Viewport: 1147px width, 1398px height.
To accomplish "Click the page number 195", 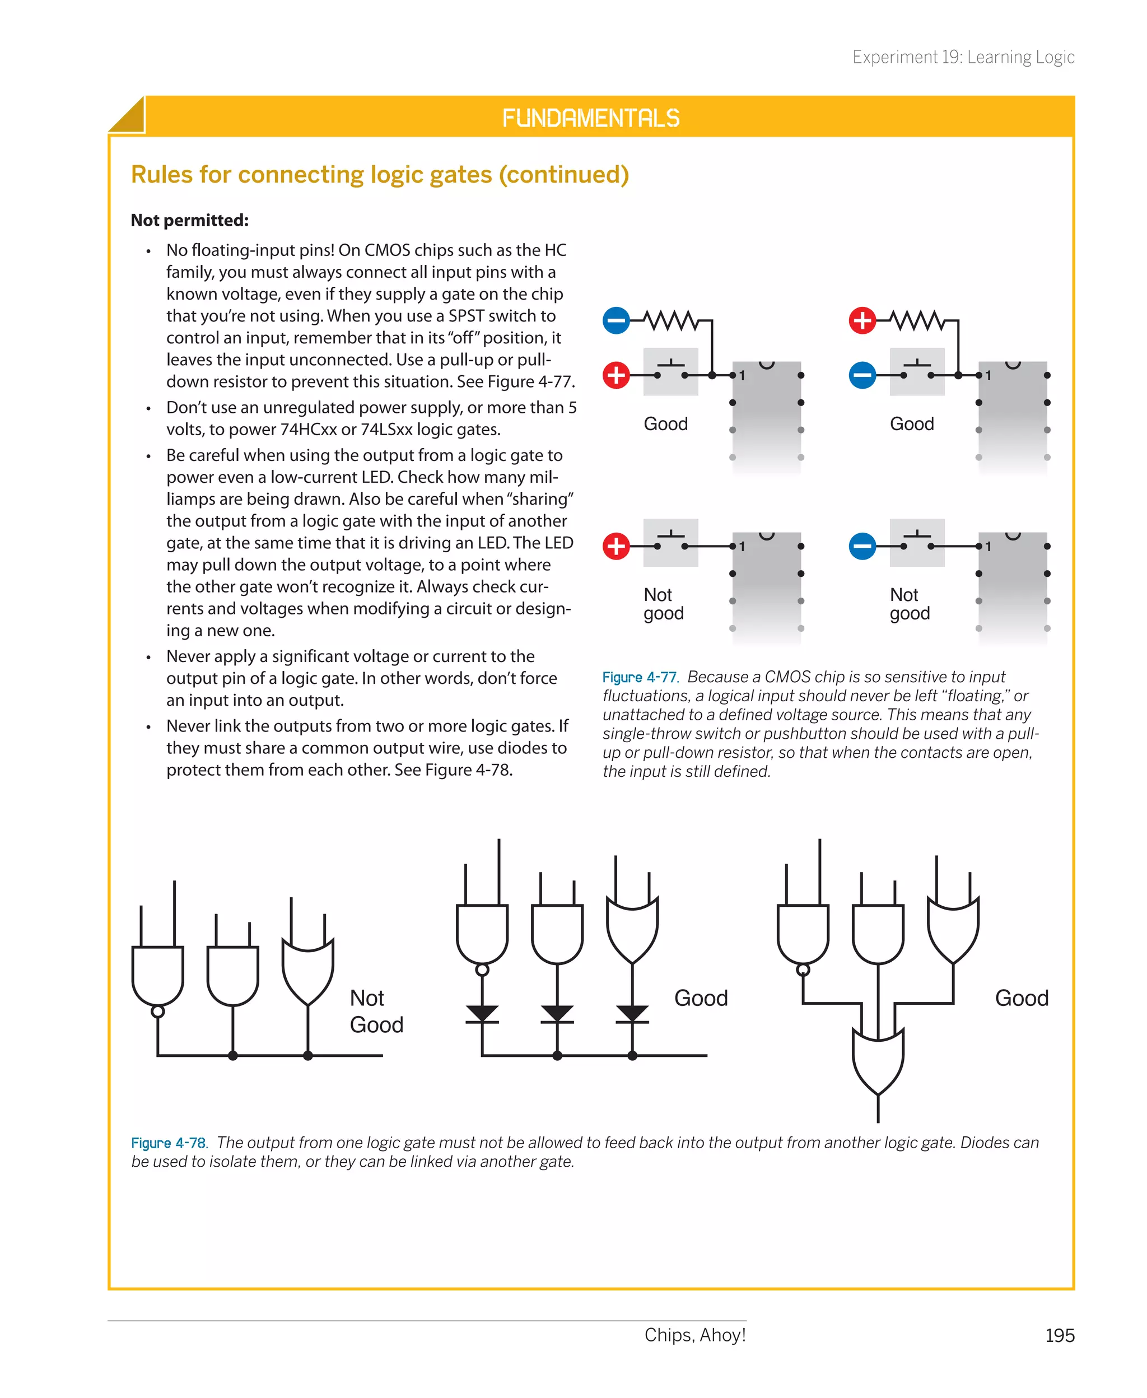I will pos(1059,1335).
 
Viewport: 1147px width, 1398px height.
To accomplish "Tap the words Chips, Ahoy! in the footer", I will pos(694,1335).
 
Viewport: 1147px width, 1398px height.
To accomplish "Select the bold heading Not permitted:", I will pos(190,220).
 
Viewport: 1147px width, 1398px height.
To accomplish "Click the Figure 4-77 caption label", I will pos(639,677).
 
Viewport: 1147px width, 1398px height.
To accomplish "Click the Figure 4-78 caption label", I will pos(169,1143).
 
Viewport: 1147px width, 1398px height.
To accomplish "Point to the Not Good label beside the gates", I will pos(375,1011).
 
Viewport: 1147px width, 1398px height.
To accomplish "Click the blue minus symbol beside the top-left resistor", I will pos(616,321).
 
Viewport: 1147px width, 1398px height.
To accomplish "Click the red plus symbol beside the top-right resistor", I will pos(862,321).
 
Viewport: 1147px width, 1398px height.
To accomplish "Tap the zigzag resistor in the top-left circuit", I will pos(670,321).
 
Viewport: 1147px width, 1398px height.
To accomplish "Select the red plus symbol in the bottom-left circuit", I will pos(616,547).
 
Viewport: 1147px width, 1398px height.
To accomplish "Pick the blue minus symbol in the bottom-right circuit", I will pos(862,547).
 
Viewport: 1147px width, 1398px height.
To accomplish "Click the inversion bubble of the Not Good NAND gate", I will pos(158,1012).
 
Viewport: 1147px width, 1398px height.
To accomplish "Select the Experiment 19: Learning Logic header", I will pos(963,58).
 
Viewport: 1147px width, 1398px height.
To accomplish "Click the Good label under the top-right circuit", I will pos(911,423).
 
